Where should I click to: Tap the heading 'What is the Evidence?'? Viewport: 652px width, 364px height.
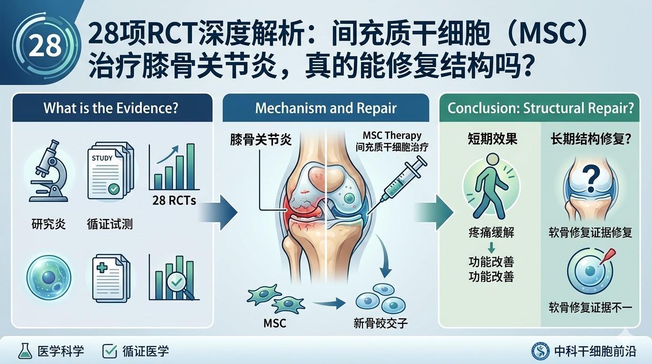tap(111, 108)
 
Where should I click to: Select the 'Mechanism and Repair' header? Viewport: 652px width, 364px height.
tap(326, 108)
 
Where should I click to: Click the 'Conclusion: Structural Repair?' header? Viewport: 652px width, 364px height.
tap(541, 108)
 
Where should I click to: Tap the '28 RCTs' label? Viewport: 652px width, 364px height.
tap(174, 200)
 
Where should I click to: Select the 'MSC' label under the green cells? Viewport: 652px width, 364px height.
tap(274, 324)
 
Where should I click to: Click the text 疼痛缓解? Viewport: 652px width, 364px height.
tap(491, 232)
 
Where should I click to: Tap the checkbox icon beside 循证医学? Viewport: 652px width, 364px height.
tap(109, 351)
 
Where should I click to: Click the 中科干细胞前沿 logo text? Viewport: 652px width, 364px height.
tap(595, 352)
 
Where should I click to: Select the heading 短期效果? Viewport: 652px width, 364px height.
tap(491, 139)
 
